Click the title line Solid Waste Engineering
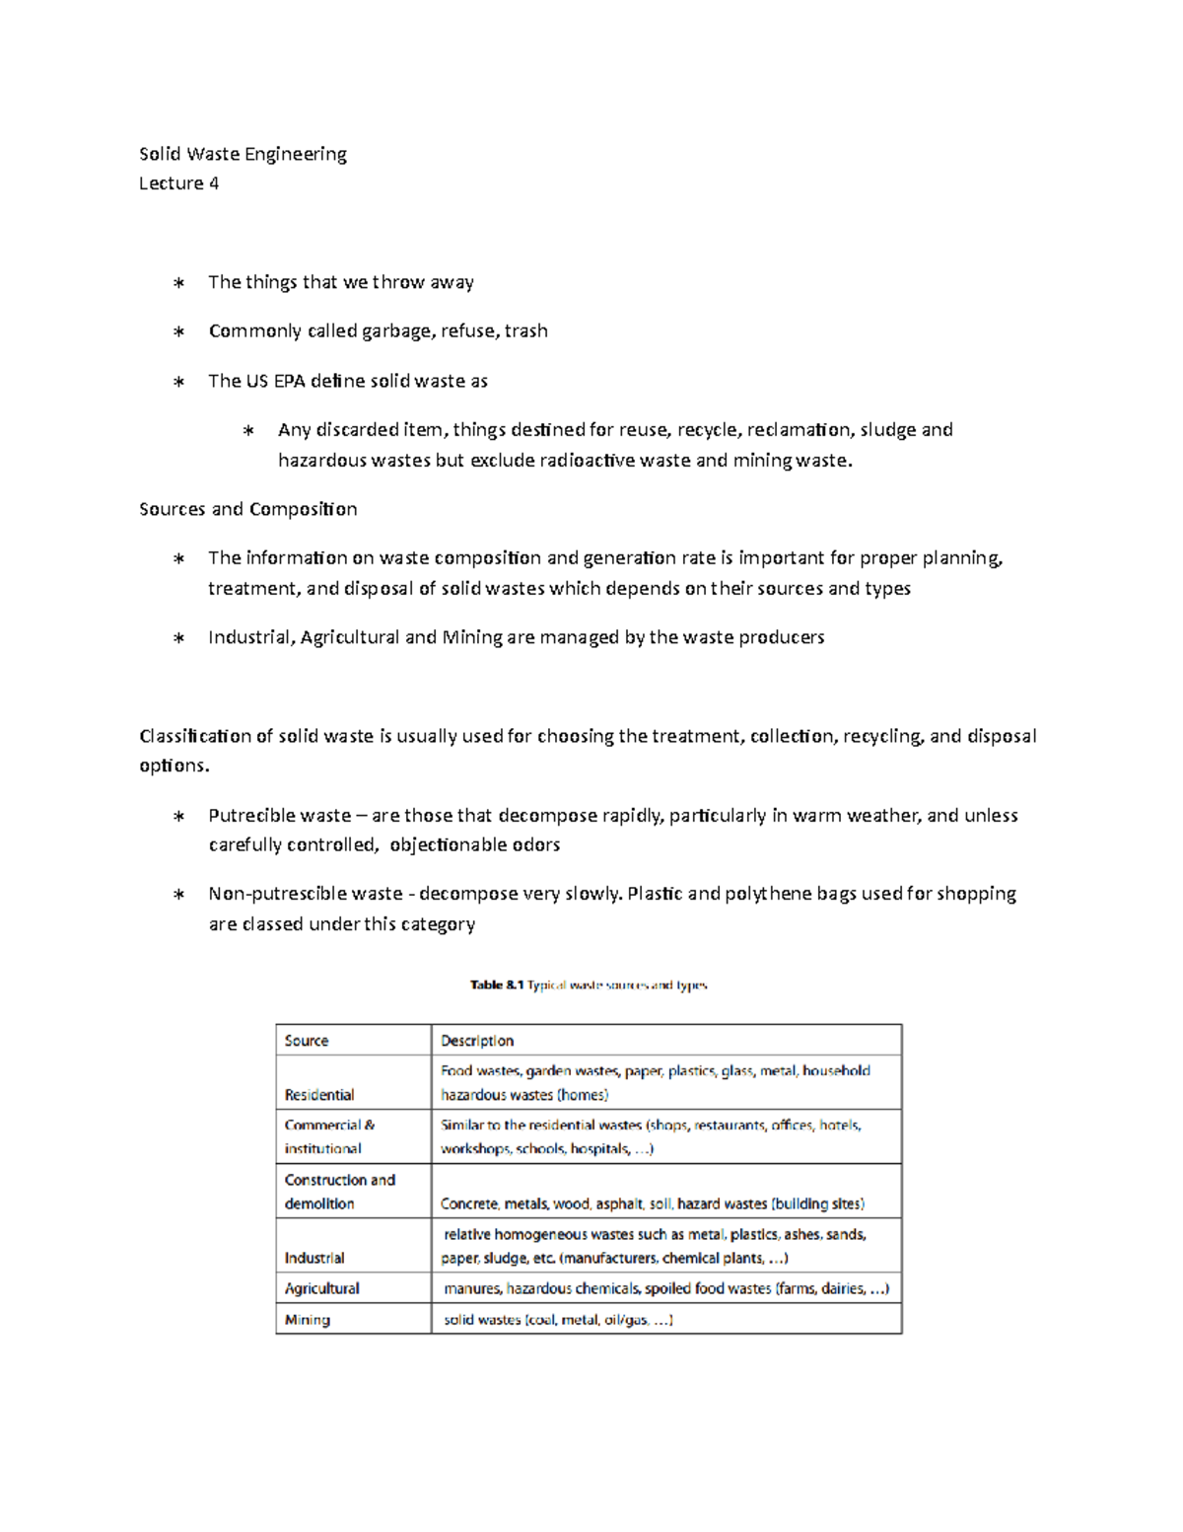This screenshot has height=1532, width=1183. pos(243,154)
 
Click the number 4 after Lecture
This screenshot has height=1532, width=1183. pos(214,183)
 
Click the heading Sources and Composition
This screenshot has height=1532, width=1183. pos(247,509)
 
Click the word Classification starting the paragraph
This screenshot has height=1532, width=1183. pos(195,736)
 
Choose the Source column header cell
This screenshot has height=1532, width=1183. pos(307,1041)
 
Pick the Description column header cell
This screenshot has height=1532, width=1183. pos(477,1041)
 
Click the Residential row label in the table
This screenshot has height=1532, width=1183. pos(319,1095)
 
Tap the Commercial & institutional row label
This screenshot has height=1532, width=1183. pos(329,1136)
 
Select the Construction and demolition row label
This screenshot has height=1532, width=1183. pos(339,1192)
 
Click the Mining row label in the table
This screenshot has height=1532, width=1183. pos(308,1320)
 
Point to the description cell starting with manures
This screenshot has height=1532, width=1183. pos(665,1288)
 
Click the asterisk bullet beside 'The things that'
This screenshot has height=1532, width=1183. pos(178,283)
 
